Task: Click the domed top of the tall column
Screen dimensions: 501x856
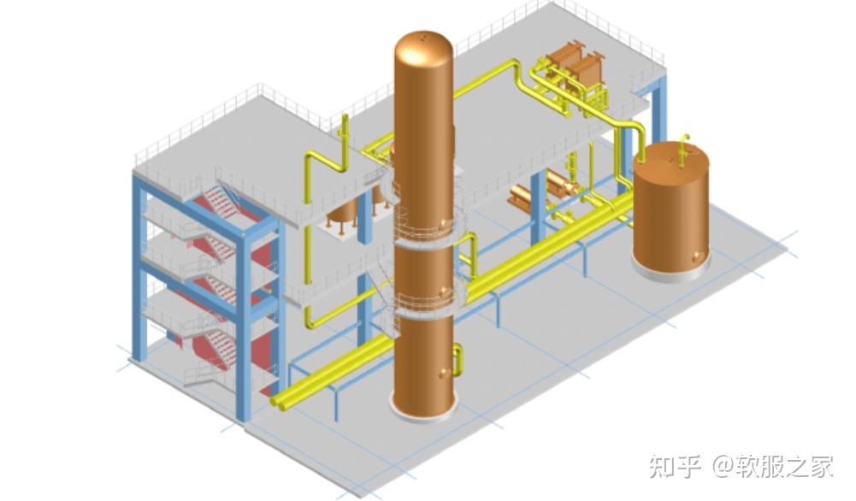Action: (x=423, y=47)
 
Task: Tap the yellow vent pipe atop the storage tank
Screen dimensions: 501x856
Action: (x=683, y=149)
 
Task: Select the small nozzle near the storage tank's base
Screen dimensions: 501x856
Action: (x=700, y=255)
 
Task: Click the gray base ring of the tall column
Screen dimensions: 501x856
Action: (x=422, y=408)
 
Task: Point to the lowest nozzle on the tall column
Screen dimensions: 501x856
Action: (x=444, y=373)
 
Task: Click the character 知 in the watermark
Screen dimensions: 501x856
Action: (x=664, y=466)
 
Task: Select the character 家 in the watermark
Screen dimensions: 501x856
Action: (x=821, y=466)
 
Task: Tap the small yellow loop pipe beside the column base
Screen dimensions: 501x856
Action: (x=458, y=359)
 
